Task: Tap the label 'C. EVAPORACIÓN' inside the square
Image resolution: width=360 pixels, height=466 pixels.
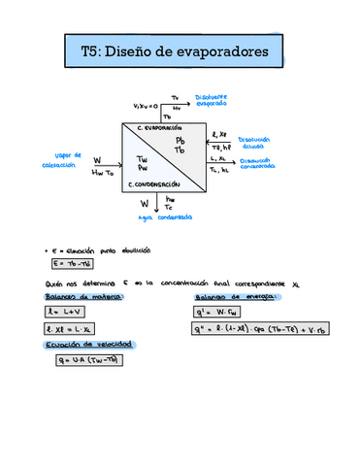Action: pyautogui.click(x=159, y=128)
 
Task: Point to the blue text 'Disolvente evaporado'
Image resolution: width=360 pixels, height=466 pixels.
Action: pyautogui.click(x=211, y=101)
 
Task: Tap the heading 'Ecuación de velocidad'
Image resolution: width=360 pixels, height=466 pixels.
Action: pyautogui.click(x=81, y=345)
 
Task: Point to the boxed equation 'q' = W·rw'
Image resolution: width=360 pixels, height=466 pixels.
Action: pyautogui.click(x=226, y=313)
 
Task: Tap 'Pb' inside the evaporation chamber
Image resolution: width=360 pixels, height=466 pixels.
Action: pyautogui.click(x=180, y=142)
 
